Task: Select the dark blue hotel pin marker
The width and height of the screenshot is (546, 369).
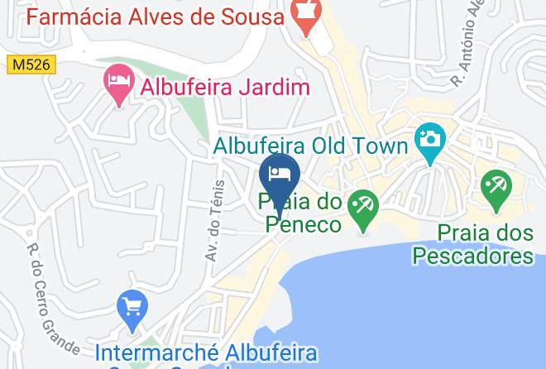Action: pyautogui.click(x=279, y=175)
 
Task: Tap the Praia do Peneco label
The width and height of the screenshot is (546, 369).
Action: pyautogui.click(x=299, y=212)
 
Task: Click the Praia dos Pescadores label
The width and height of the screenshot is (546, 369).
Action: pyautogui.click(x=473, y=244)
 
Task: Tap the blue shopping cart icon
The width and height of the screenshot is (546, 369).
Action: pyautogui.click(x=132, y=309)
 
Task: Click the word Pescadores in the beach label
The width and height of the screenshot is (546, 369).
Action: pyautogui.click(x=473, y=256)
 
